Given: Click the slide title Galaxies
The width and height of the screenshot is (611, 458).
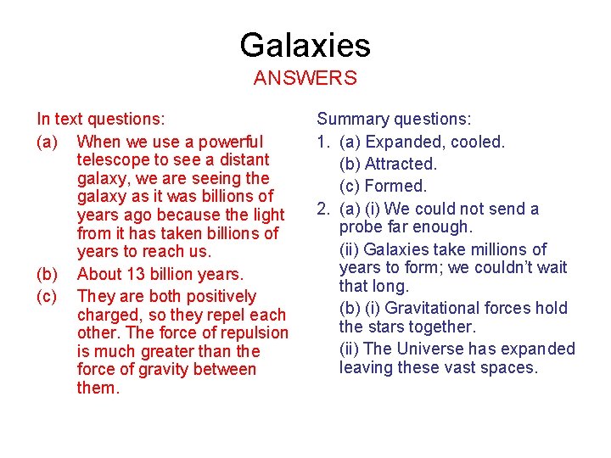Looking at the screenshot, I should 305,45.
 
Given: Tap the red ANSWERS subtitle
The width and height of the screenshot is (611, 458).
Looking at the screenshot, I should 305,79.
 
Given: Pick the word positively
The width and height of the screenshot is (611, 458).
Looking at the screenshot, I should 216,296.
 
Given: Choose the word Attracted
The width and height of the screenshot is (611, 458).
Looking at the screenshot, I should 401,164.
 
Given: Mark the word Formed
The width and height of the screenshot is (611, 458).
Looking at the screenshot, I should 396,186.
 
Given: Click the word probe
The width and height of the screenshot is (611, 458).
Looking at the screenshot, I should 362,227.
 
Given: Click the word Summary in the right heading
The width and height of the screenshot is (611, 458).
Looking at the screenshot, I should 350,120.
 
